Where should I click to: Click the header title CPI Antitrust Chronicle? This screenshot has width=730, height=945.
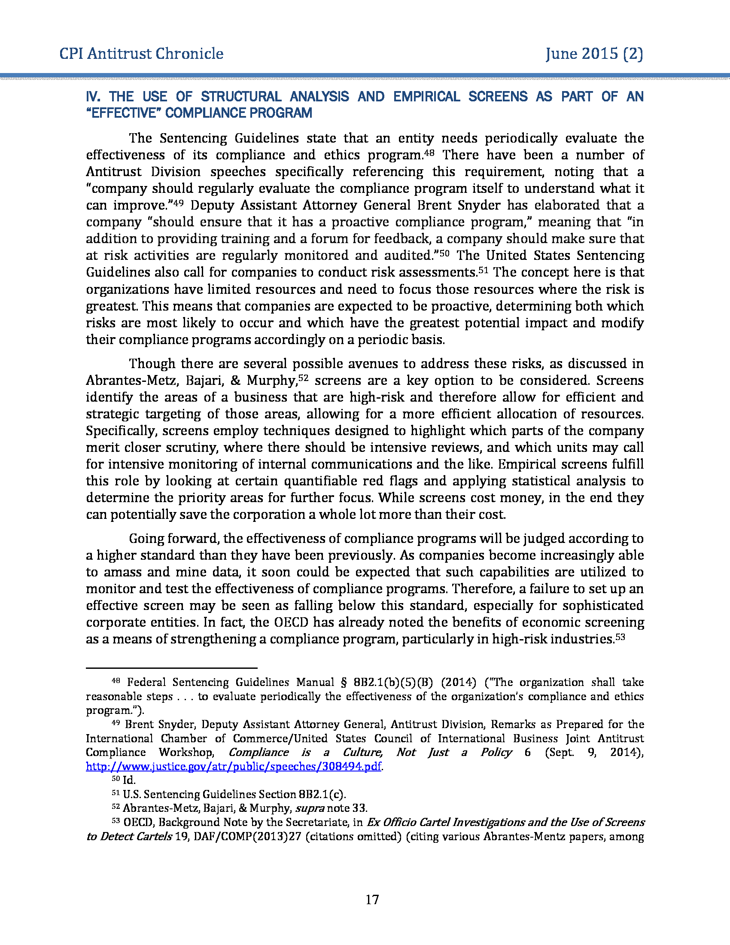click(141, 54)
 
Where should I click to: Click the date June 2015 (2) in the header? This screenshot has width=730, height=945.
click(594, 54)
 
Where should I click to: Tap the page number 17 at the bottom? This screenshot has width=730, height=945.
click(372, 899)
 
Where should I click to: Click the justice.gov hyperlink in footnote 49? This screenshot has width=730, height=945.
click(234, 766)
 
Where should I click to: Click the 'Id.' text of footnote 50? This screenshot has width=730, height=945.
click(129, 780)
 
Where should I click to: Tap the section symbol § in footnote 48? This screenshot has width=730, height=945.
click(344, 683)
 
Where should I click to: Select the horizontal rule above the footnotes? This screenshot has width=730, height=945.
click(172, 668)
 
